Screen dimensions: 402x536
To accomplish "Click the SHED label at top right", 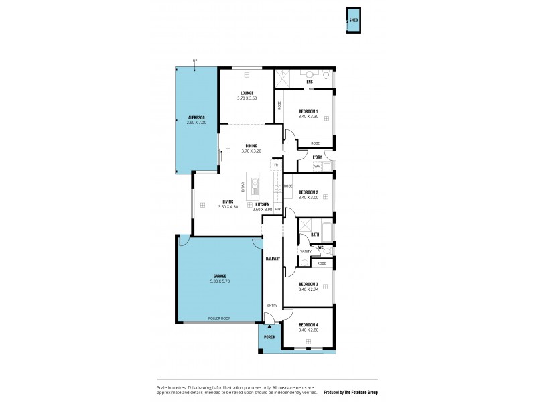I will (x=353, y=21).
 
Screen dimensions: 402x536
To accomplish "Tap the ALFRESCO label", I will (x=196, y=118).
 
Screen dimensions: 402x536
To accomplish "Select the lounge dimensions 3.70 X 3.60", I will (x=247, y=98).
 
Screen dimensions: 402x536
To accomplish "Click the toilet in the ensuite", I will (x=325, y=76).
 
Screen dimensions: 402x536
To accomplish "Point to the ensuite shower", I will (x=282, y=77).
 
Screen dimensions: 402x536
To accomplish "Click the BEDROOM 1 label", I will (x=308, y=111).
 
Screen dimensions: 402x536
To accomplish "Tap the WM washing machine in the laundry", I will (x=318, y=166).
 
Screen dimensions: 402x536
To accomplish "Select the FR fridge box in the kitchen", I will (x=275, y=164).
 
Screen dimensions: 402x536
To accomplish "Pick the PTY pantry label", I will (x=277, y=209).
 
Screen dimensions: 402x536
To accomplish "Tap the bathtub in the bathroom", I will (x=327, y=232).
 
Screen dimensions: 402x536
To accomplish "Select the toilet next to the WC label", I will (x=327, y=251).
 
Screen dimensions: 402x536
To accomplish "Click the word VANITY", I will (x=306, y=251).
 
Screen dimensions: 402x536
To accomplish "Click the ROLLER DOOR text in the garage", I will (x=220, y=318).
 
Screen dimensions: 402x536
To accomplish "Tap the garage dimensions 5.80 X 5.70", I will (x=220, y=281).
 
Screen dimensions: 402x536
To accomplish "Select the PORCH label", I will (x=269, y=336).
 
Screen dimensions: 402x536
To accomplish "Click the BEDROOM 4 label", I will (x=308, y=325).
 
